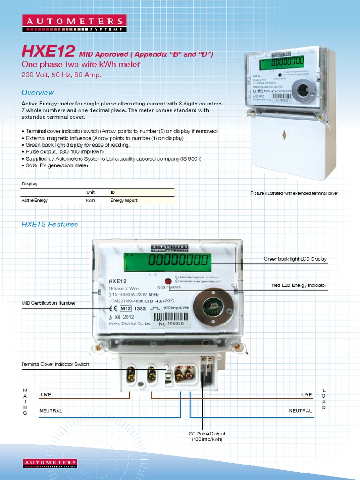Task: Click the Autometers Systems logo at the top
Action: [x=74, y=23]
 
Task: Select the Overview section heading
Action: [x=37, y=92]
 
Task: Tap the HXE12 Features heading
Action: [x=50, y=224]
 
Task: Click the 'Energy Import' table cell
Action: [x=124, y=200]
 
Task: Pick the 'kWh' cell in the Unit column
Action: [x=90, y=200]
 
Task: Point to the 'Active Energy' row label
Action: [x=35, y=200]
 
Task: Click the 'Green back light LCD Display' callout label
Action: [x=295, y=259]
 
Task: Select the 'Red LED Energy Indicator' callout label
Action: [x=299, y=285]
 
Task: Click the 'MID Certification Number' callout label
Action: [x=48, y=303]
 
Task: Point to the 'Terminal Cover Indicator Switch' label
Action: [x=55, y=364]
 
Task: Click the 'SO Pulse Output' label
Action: [x=207, y=434]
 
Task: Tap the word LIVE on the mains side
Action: [x=45, y=395]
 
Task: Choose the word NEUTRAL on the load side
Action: [x=300, y=411]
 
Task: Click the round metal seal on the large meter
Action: [x=214, y=307]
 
